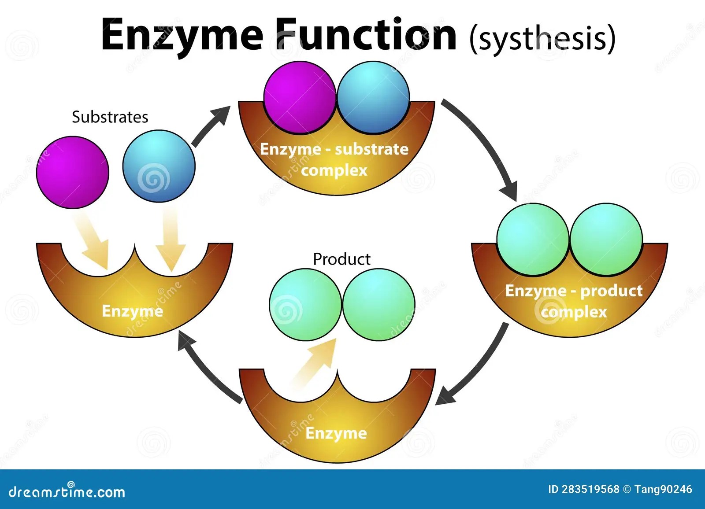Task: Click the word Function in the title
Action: tap(366, 35)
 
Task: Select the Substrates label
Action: tap(110, 117)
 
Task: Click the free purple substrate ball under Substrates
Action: tap(72, 172)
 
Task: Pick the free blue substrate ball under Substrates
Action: tap(159, 166)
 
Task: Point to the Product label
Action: tap(341, 259)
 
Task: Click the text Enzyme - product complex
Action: tap(574, 301)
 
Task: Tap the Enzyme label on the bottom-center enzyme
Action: tap(336, 433)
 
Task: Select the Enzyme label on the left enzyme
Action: tap(132, 311)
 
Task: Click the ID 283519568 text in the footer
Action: tap(583, 490)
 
